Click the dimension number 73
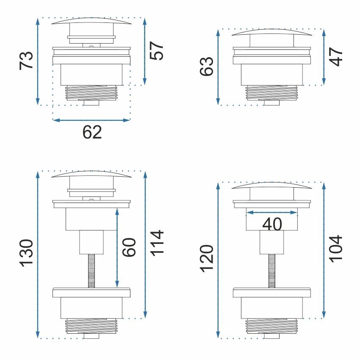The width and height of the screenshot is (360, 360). (x=26, y=61)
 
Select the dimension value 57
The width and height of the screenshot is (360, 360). (x=157, y=51)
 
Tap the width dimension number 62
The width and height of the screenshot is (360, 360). (x=92, y=132)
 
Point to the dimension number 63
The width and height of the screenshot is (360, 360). (x=206, y=66)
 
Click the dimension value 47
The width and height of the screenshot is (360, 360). (x=336, y=57)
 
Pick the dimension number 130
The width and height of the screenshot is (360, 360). (x=27, y=253)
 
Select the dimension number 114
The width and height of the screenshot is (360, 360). (x=157, y=243)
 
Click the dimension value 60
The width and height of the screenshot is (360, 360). (x=129, y=247)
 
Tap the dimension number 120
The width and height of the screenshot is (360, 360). (x=207, y=259)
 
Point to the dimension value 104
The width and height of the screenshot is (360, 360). (x=336, y=249)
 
